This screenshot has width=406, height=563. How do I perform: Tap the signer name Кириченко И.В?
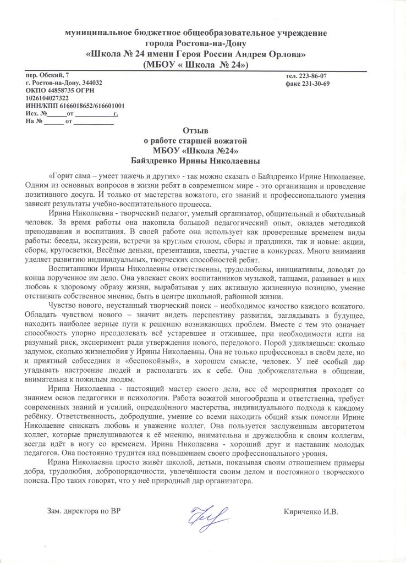[x=311, y=511]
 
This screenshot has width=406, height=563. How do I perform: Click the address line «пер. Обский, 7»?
[x=48, y=74]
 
